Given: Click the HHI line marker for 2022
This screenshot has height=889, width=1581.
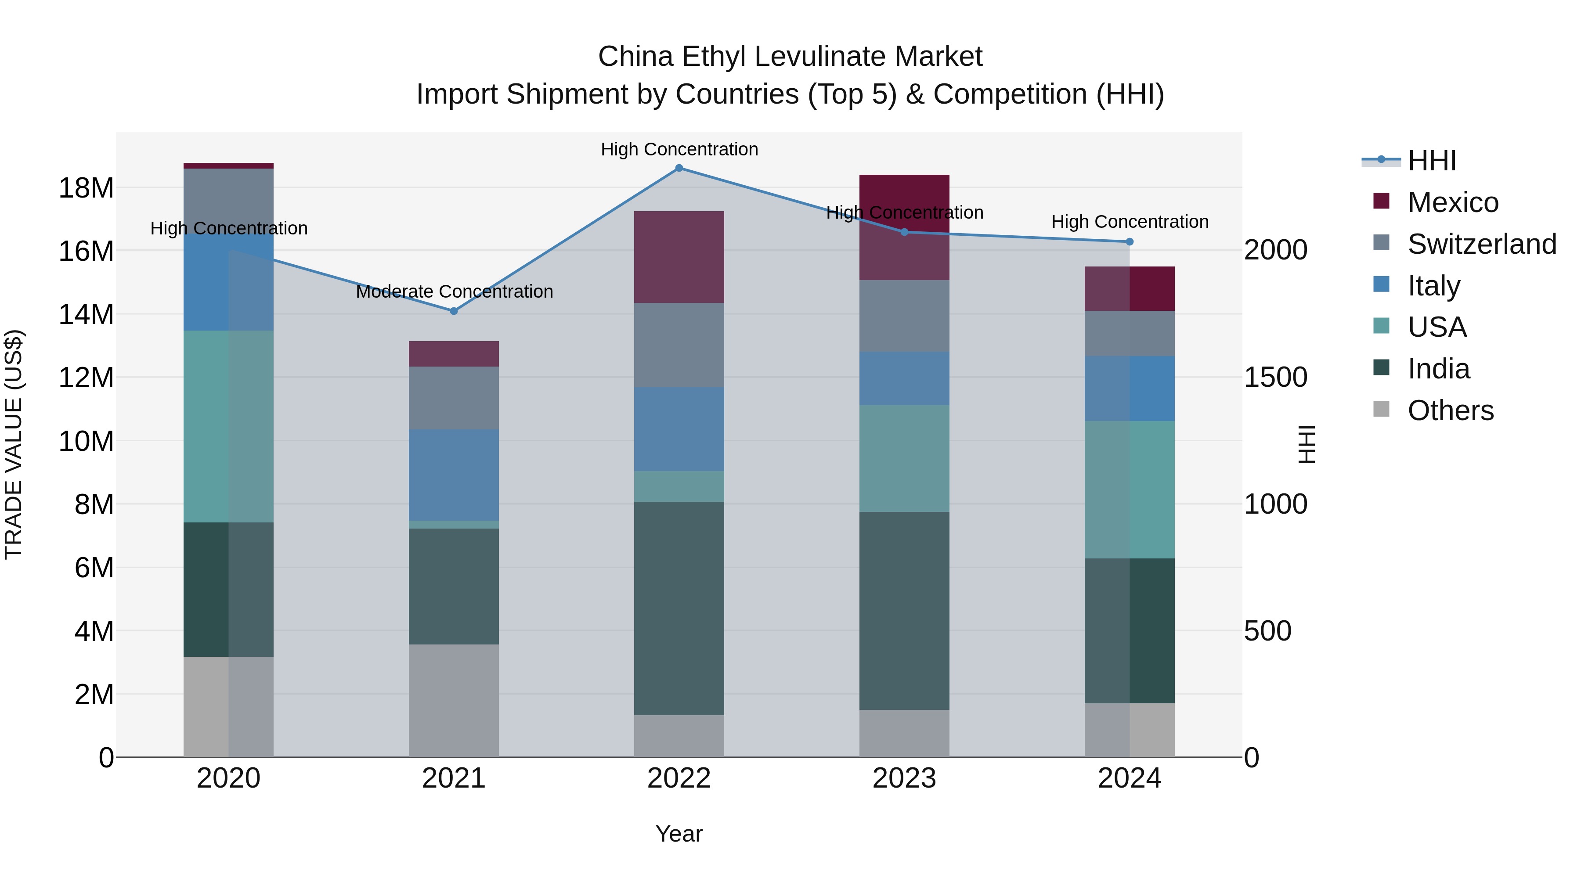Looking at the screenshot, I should click(x=679, y=168).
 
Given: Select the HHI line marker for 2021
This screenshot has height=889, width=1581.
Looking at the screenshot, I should click(x=454, y=311).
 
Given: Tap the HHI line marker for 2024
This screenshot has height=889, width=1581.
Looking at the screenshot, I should click(x=1129, y=242).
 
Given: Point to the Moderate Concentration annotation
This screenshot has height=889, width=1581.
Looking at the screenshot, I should click(x=454, y=292).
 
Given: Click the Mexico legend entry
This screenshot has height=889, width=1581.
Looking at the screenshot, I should click(x=1452, y=202).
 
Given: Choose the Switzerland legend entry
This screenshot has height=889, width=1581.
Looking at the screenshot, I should click(x=1482, y=244).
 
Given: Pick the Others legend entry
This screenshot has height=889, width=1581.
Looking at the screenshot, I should click(x=1450, y=410).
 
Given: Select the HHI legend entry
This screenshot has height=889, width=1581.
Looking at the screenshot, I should click(x=1431, y=161).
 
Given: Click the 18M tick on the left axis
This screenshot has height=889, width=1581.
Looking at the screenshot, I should click(x=86, y=188).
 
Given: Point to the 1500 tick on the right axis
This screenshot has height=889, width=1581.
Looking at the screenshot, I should click(x=1275, y=377).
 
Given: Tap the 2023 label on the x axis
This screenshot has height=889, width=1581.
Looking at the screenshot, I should click(x=904, y=778).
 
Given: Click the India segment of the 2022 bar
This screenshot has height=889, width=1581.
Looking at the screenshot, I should click(x=679, y=608).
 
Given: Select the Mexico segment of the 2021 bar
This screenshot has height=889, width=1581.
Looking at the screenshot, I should click(x=454, y=354).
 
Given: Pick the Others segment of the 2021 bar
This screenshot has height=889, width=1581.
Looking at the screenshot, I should click(x=454, y=700).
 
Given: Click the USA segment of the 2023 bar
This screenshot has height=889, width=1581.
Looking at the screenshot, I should click(x=904, y=458).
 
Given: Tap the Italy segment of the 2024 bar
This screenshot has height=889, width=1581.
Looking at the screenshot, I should click(x=1129, y=389).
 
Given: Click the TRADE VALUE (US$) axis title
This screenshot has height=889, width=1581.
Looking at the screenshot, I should click(x=14, y=444).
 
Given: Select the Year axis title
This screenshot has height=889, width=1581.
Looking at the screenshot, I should click(x=679, y=834).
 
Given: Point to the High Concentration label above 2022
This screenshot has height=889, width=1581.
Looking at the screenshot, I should click(x=679, y=149).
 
